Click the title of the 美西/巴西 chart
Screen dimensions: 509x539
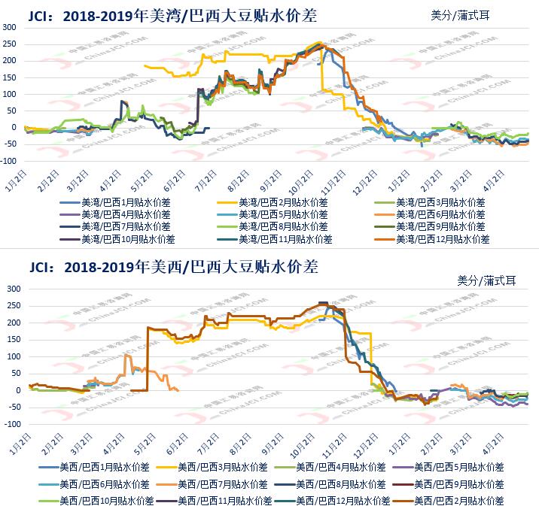pos(173,267)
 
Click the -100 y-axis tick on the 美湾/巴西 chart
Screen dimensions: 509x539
pos(8,161)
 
